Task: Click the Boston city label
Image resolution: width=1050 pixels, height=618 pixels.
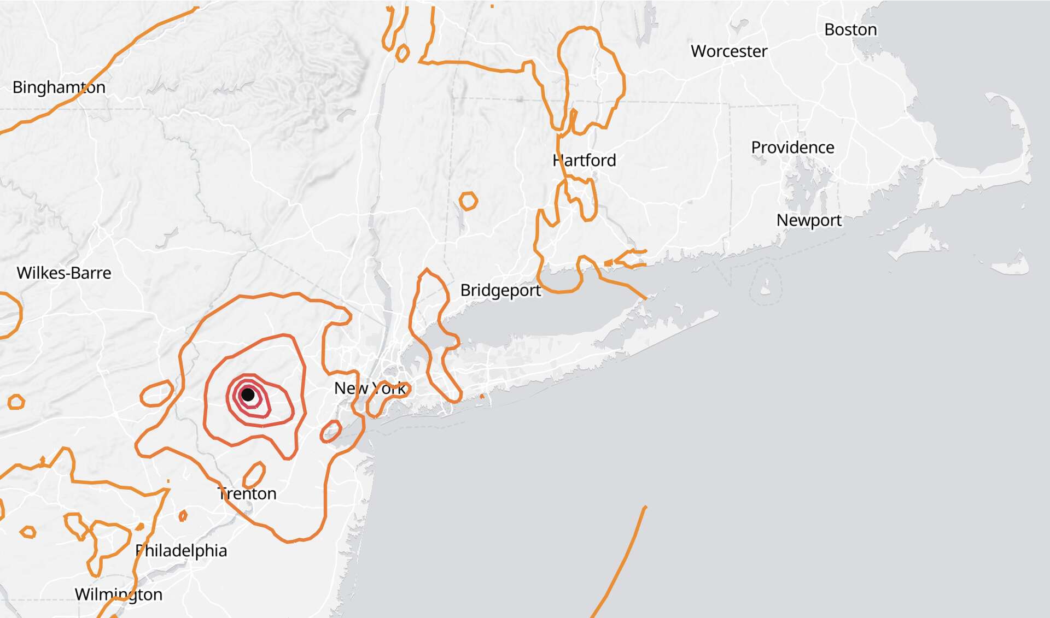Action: [x=850, y=30]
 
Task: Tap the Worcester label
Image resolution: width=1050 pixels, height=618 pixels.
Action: [x=728, y=51]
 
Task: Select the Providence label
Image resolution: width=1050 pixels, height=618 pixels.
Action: [x=792, y=148]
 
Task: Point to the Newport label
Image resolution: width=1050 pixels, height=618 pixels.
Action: [x=808, y=220]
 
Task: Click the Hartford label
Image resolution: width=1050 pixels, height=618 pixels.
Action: [x=584, y=161]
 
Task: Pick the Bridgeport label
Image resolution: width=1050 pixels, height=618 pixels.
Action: [x=500, y=290]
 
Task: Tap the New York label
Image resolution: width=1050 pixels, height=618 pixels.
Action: [x=370, y=389]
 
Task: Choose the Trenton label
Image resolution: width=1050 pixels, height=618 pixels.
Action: [x=247, y=494]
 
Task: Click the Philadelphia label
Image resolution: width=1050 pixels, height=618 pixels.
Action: [x=181, y=551]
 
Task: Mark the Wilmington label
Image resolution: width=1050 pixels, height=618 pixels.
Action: [x=118, y=595]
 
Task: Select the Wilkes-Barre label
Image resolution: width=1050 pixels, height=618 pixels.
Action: [x=64, y=273]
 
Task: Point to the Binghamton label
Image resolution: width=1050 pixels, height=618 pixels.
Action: [x=59, y=87]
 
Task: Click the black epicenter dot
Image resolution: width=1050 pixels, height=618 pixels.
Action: [x=248, y=395]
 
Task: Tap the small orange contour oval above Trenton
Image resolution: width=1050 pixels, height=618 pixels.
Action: [x=254, y=474]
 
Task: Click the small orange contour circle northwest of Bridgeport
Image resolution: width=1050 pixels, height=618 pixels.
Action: [x=468, y=201]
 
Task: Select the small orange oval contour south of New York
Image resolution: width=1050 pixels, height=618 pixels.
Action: [x=330, y=432]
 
